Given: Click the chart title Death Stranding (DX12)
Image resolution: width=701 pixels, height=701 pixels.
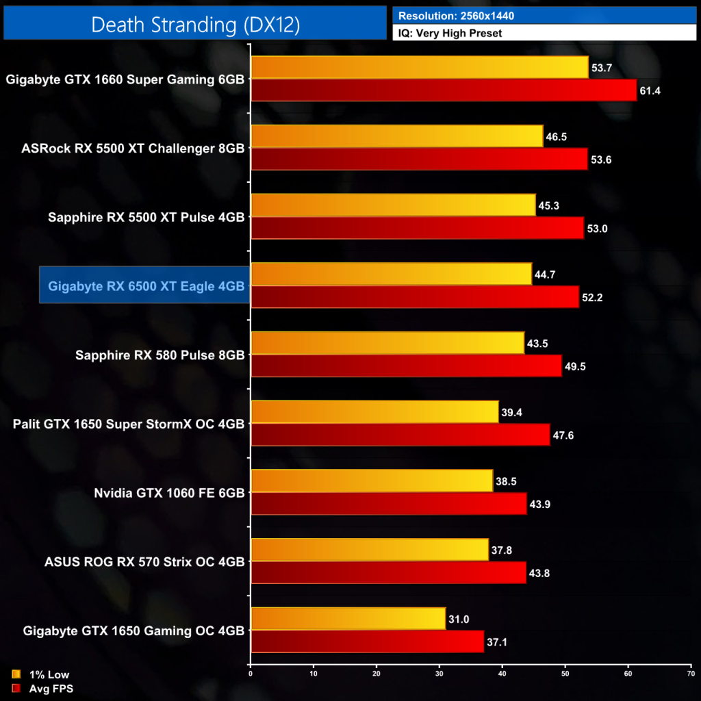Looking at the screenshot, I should (x=195, y=24).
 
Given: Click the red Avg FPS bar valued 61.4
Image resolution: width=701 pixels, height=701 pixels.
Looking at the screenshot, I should (x=444, y=90).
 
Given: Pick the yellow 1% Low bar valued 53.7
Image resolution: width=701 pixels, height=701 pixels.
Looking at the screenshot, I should (x=420, y=67).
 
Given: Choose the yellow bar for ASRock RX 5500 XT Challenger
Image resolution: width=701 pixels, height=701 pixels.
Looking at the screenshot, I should (x=397, y=136).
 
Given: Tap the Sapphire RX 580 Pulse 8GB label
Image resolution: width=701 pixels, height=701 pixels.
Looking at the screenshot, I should (x=160, y=355).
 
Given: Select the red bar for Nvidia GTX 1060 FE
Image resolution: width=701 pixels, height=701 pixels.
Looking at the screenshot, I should (x=389, y=504).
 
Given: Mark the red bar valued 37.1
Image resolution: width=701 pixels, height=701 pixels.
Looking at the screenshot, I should (x=368, y=641).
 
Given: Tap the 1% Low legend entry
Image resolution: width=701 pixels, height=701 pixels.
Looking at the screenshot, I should (x=42, y=674).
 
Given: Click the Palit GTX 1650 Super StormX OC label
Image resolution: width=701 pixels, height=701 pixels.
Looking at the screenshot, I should (x=129, y=424).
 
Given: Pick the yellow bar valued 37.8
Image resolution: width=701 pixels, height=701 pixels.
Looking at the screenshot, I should (x=370, y=550).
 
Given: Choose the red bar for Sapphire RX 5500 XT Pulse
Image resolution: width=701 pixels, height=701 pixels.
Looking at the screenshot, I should (x=418, y=228).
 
